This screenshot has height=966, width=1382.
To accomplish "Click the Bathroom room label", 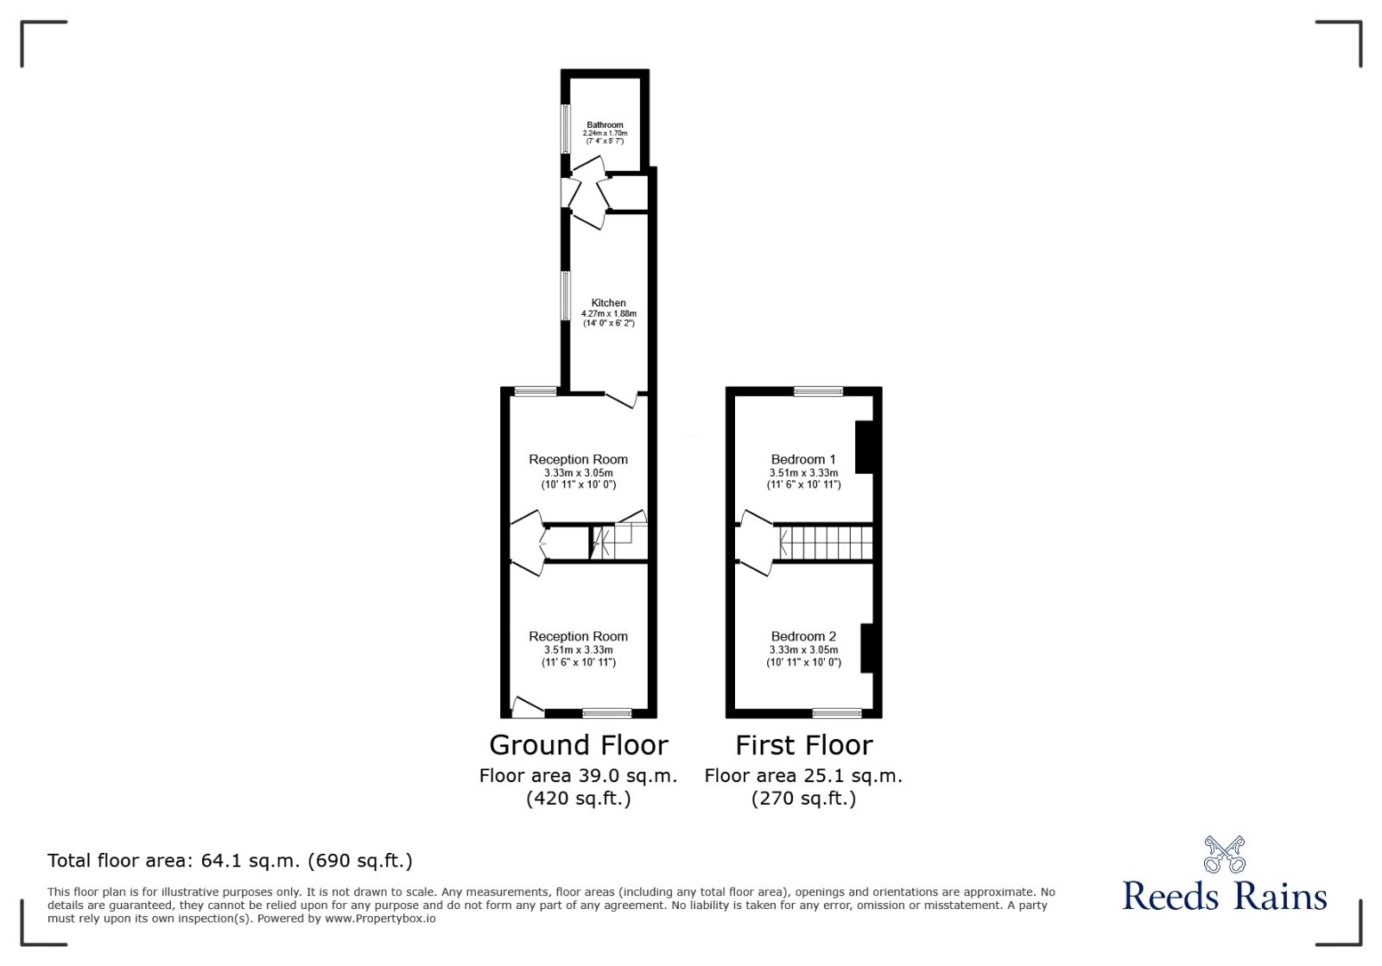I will pos(605,125).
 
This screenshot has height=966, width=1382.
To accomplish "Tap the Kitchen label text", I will pos(608,303).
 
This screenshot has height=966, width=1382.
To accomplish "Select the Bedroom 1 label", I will pos(803,459).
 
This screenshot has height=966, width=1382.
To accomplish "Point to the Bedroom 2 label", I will pos(803,636).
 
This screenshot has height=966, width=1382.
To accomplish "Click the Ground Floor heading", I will pos(578,745).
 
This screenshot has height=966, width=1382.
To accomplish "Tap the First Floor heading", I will pos(803,745).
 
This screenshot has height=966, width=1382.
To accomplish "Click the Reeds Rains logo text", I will pos(1224,896).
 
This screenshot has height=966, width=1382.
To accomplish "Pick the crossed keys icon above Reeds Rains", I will pos(1224,855).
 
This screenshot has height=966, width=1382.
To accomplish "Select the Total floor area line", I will pos(230,861).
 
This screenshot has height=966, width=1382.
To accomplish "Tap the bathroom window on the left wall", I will pos(566,129).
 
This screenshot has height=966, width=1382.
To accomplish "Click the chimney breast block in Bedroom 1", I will pos(864,446).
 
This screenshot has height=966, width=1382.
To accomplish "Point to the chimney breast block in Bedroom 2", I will pos(867,647).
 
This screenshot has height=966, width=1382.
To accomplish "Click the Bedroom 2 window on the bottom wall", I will pos(837,713).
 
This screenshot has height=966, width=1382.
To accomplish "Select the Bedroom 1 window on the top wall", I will pos(818,392).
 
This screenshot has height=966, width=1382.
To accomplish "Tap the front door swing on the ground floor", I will pos(526,707).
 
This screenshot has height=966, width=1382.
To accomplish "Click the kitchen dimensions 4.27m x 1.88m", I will pos(608,313).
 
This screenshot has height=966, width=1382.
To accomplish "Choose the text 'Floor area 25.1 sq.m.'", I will pos(803,775).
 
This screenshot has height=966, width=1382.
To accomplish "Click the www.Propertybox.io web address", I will pos(380,919).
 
